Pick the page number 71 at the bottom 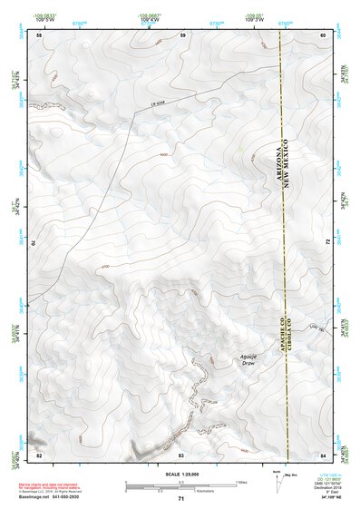[x=181, y=498]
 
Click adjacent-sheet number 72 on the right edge [x=326, y=242]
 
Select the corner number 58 [x=40, y=35]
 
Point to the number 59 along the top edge [x=182, y=35]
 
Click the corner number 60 [x=323, y=35]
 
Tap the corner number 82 [x=39, y=454]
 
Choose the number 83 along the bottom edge [x=181, y=454]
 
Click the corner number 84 [x=324, y=454]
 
